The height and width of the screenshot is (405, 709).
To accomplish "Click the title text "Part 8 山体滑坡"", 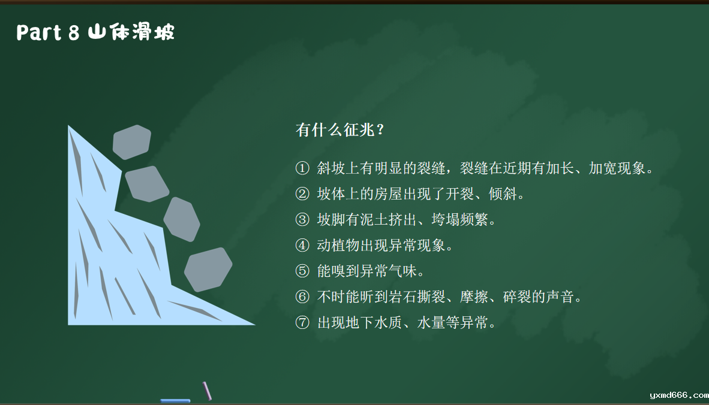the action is click(95, 32).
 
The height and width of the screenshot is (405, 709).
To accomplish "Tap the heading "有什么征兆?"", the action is click(340, 129).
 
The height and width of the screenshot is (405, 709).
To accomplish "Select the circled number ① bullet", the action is click(302, 168).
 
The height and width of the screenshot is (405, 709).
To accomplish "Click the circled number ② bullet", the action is click(302, 194).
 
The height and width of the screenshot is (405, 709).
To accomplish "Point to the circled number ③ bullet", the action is click(302, 219).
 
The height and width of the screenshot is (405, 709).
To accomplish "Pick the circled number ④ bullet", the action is click(302, 245).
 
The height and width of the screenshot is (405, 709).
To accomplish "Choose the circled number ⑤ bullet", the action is click(302, 271).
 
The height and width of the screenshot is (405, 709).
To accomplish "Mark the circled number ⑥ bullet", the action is click(302, 297).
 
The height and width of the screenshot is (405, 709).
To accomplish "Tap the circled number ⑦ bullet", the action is click(302, 322).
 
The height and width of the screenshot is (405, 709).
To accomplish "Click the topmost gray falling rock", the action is click(131, 142).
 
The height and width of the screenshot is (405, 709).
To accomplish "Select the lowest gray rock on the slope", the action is click(208, 270).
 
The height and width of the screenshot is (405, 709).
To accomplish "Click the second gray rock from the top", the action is click(147, 184).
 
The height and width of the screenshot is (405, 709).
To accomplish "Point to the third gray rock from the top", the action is click(182, 219).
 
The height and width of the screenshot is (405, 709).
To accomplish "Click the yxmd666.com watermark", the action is click(679, 395).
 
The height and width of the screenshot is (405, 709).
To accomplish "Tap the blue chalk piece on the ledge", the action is click(175, 400).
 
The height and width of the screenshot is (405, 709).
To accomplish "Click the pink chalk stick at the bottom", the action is click(207, 391).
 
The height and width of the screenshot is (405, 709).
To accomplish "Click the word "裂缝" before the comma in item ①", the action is click(431, 168).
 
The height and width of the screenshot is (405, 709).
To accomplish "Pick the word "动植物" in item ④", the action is click(338, 245).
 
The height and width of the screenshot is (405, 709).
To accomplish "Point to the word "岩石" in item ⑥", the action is click(403, 297).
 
